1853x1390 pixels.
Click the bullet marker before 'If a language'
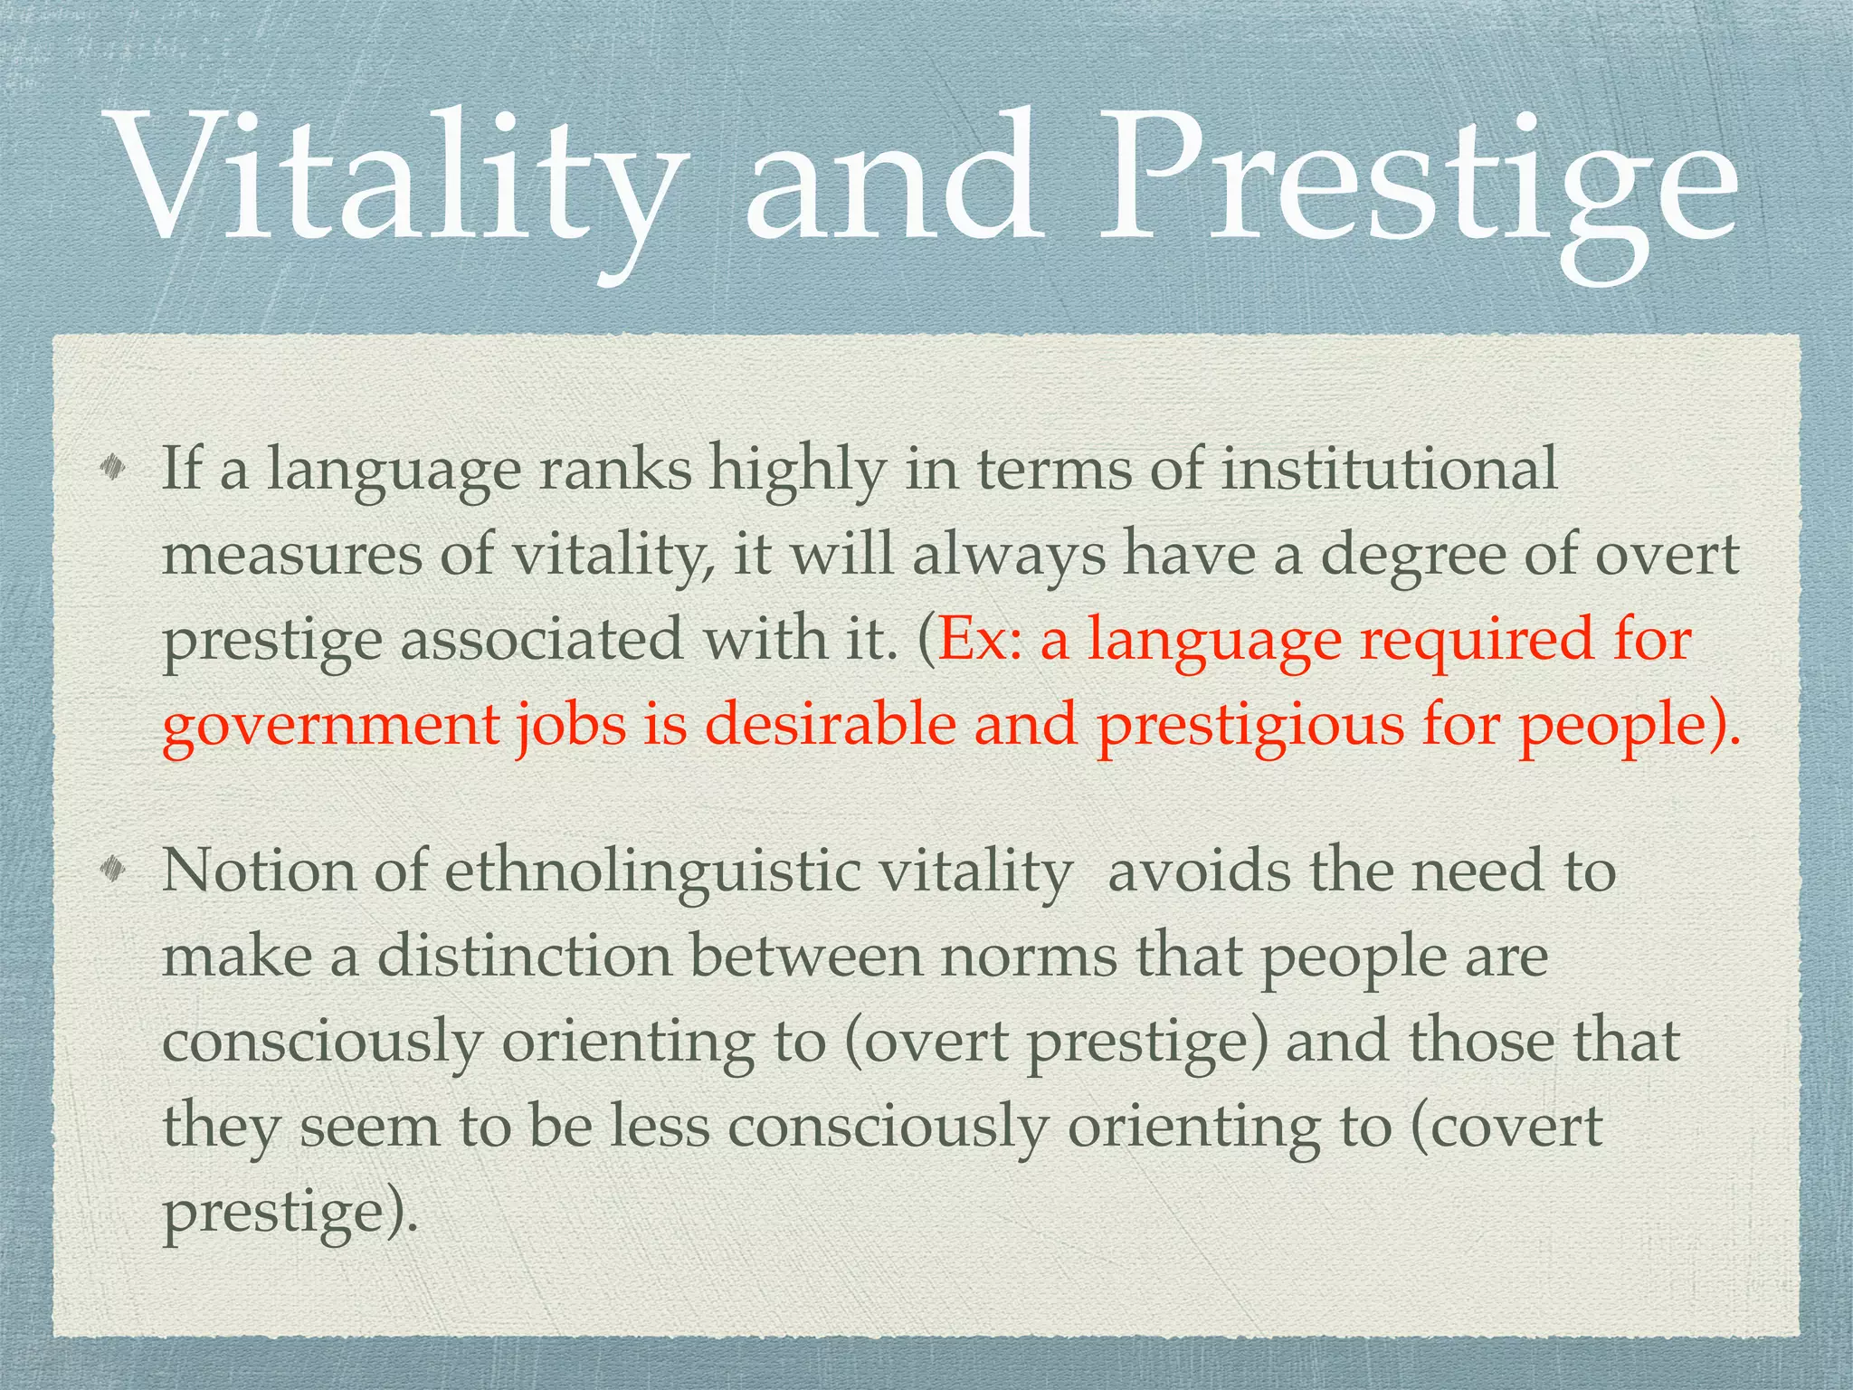pos(113,468)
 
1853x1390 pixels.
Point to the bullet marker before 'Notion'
pos(113,870)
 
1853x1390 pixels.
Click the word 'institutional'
pos(1389,468)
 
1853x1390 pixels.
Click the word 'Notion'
pos(259,871)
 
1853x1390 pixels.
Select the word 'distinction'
pos(524,956)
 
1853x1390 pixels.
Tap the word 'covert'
pos(1516,1128)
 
